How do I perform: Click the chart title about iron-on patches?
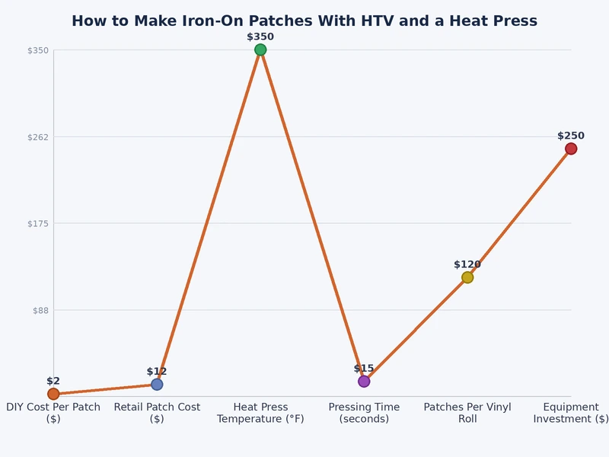click(x=304, y=21)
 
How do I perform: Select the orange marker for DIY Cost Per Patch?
click(x=53, y=394)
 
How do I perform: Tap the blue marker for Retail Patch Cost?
click(x=157, y=384)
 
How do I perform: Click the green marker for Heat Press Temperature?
click(x=260, y=50)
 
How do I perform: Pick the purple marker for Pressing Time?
click(x=364, y=381)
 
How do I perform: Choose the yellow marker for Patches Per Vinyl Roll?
click(x=467, y=277)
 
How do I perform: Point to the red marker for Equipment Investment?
click(x=571, y=149)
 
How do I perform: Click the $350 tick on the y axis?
click(x=38, y=50)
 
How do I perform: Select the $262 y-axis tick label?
click(x=38, y=137)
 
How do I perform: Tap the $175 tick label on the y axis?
click(x=38, y=224)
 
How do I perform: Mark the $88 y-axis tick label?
click(x=40, y=310)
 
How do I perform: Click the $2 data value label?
click(x=53, y=381)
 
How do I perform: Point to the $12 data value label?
click(x=157, y=372)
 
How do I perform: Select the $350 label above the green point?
click(x=260, y=37)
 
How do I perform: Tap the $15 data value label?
click(x=364, y=369)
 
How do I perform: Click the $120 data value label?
click(x=467, y=264)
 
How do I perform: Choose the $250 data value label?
click(x=571, y=136)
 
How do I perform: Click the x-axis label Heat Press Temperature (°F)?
click(x=260, y=413)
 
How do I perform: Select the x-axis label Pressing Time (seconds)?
click(x=364, y=413)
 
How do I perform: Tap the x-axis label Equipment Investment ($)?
click(x=571, y=413)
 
